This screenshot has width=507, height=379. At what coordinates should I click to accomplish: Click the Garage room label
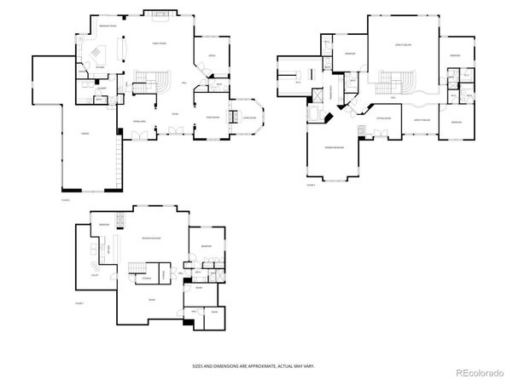tap(85, 134)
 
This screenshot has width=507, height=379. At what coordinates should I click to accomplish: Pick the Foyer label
tap(175, 113)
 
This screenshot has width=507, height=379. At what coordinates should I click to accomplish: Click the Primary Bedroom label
tap(334, 146)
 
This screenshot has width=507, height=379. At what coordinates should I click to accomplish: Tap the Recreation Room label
tap(153, 238)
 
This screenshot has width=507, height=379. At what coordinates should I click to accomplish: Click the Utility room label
tap(93, 275)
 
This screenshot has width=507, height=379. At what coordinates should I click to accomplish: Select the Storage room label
tap(148, 276)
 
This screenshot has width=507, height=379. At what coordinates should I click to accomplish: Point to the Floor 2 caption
tap(311, 184)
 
